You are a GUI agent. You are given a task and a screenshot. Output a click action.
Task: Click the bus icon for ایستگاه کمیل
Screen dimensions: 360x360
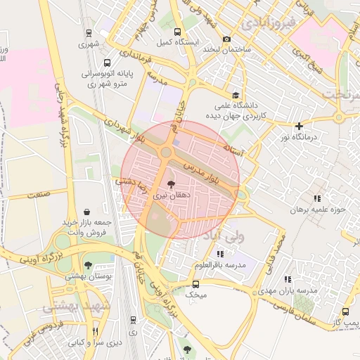click(177, 32)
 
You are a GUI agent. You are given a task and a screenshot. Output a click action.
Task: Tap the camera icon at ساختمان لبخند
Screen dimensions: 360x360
click(226, 39)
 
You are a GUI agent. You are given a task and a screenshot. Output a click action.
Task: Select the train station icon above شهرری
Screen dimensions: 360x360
click(89, 32)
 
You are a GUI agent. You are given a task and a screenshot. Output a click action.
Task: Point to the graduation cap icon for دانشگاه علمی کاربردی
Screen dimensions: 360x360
click(236, 96)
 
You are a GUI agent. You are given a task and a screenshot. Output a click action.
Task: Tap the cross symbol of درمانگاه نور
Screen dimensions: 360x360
click(299, 126)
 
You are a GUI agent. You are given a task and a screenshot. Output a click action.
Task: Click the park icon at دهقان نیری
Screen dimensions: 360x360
click(172, 184)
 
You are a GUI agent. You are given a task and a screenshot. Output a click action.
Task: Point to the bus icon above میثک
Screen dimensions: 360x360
click(195, 285)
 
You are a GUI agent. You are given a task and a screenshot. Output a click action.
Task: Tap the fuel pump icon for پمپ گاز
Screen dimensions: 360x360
click(345, 311)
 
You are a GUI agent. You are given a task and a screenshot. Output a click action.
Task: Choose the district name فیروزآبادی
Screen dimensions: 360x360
click(267, 24)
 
